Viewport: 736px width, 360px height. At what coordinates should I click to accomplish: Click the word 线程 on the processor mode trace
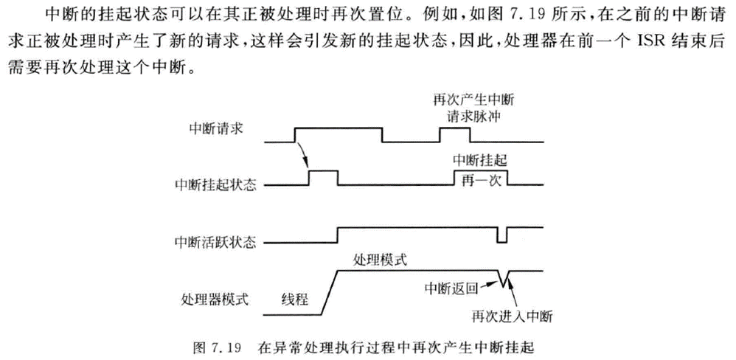click(x=294, y=299)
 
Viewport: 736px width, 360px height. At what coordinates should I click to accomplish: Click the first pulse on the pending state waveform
click(x=322, y=177)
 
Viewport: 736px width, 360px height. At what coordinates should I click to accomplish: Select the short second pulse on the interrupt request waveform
click(x=454, y=134)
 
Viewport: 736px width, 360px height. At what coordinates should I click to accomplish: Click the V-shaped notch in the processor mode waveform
click(x=505, y=278)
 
